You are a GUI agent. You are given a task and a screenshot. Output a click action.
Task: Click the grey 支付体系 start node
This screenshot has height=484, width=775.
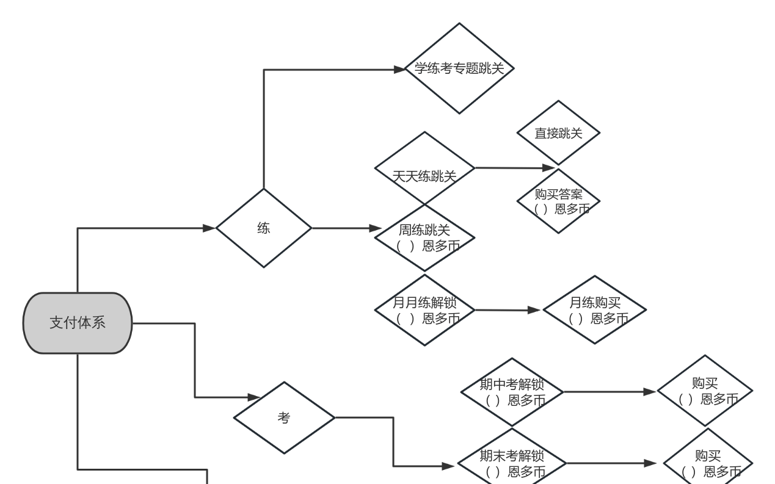pos(78,323)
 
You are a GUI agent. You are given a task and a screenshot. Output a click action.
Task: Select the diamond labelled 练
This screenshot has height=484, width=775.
pos(264,228)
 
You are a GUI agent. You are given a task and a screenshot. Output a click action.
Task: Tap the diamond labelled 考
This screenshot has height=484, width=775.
pos(285,418)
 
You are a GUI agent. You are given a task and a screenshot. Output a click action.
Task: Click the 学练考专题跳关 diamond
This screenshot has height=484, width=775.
pos(459,68)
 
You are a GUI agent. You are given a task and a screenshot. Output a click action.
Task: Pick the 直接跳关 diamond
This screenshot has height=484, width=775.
pos(558,133)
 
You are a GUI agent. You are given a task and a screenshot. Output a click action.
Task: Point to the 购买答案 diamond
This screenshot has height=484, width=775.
pos(558,201)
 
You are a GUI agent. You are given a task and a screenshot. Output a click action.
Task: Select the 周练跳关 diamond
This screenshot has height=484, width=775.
pos(424,237)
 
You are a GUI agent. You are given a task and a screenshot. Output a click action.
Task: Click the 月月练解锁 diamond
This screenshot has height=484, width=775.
pos(424,310)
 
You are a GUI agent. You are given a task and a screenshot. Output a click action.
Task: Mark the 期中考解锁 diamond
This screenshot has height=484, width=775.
pos(512,392)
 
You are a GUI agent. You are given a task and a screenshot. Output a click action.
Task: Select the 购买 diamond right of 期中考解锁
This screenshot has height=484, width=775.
pos(705,391)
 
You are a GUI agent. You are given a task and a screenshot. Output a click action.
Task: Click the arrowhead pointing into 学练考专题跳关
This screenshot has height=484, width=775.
pos(399,69)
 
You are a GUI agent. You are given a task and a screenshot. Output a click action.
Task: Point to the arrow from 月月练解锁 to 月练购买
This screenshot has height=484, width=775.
pos(507,310)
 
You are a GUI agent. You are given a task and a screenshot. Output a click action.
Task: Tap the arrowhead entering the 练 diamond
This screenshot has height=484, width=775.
pos(210,228)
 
